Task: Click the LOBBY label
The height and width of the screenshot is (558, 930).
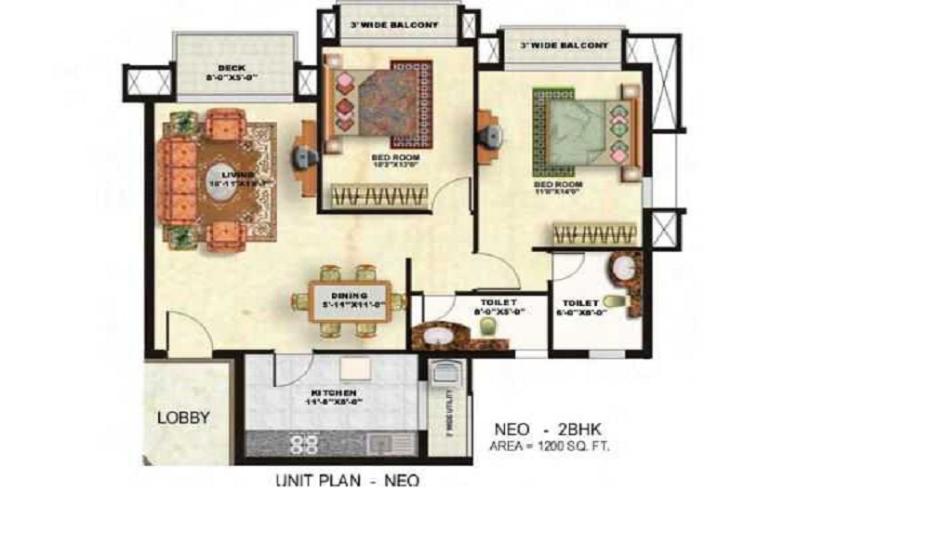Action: click(x=182, y=418)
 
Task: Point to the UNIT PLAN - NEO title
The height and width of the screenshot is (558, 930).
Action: click(x=347, y=481)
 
